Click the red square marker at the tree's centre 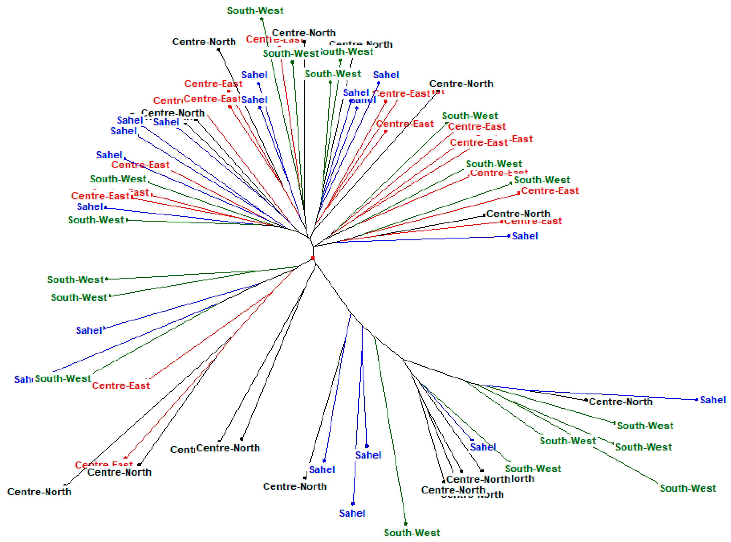[x=313, y=258]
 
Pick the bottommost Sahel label [x=352, y=513]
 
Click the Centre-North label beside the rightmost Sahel [x=621, y=402]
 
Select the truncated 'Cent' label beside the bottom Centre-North [x=182, y=449]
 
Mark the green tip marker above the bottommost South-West [x=406, y=524]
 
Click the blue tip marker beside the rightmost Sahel [x=697, y=400]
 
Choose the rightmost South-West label [x=688, y=488]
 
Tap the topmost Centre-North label [x=304, y=33]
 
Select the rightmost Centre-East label [x=550, y=191]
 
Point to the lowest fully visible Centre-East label [x=121, y=385]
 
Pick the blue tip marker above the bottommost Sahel [x=353, y=504]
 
